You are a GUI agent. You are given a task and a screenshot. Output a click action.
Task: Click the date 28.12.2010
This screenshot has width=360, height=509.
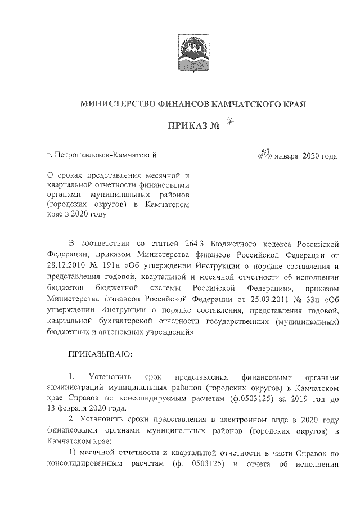(x=66, y=265)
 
